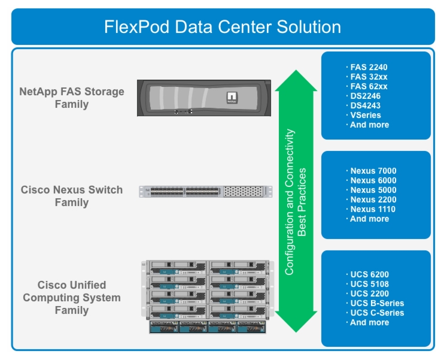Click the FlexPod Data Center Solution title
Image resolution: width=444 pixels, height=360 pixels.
click(223, 27)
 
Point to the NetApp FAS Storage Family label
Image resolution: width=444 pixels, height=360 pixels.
click(72, 98)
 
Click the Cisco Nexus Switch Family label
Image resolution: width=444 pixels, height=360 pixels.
click(72, 196)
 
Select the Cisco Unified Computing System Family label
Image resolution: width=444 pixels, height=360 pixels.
click(72, 298)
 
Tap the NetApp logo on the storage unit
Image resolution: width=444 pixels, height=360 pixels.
click(232, 98)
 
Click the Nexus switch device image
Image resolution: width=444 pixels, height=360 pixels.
click(206, 192)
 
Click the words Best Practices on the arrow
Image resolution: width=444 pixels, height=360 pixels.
click(302, 202)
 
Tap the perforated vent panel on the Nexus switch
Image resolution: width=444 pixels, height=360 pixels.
click(243, 192)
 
